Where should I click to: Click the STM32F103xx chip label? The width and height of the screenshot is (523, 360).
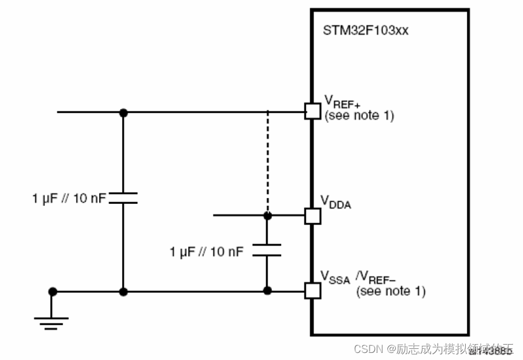366,31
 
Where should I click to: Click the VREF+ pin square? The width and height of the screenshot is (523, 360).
313,111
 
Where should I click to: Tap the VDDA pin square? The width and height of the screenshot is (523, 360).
313,216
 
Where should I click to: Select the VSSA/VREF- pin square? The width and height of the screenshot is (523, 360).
313,290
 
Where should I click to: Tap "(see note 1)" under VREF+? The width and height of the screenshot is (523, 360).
358,116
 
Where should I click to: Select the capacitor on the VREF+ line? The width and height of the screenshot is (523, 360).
123,198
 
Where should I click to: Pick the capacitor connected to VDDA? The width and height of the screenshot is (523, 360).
267,250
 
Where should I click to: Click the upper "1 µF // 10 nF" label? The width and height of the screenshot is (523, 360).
70,199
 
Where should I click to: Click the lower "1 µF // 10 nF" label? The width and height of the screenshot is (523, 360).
206,252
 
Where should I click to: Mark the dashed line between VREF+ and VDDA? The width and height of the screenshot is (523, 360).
267,162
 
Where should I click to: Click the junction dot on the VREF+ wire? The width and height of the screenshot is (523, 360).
123,112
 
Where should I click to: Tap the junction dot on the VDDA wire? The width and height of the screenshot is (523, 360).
267,216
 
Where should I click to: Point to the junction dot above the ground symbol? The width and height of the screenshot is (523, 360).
52,291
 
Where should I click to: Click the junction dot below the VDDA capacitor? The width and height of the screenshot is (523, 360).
267,290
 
